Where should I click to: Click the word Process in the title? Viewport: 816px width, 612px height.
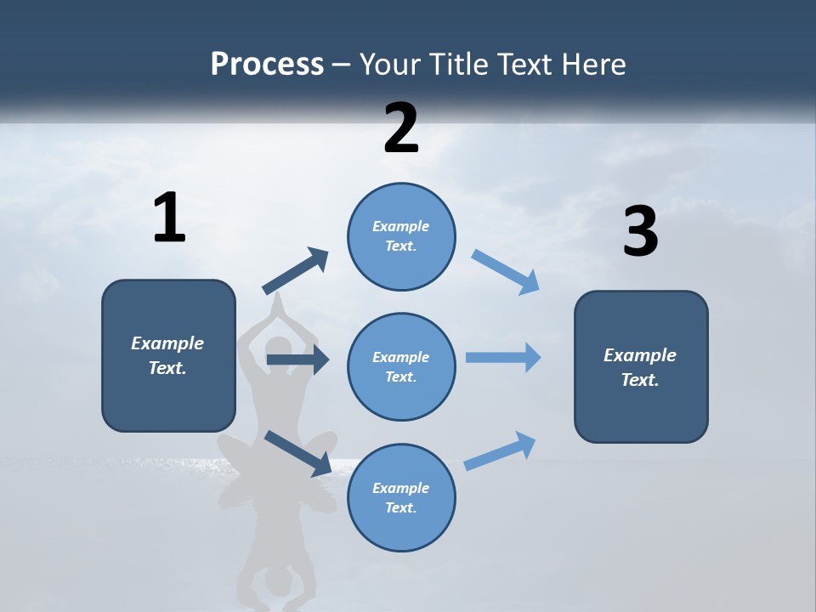267,64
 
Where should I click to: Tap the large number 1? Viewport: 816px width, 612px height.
169,218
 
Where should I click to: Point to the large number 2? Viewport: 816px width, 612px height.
401,128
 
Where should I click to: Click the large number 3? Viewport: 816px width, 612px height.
640,232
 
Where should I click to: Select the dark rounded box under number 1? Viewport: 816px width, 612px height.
168,355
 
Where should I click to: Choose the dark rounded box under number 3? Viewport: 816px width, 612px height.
641,367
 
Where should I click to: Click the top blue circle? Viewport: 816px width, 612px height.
401,236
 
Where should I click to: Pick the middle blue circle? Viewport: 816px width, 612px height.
401,366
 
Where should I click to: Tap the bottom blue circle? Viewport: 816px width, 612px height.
401,497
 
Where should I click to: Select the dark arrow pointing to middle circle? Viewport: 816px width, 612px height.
297,360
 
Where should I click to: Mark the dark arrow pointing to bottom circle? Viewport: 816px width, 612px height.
297,452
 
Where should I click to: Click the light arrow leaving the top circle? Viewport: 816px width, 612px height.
505,271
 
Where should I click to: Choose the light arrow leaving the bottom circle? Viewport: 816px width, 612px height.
500,450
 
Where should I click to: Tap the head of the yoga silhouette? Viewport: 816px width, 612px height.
277,348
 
